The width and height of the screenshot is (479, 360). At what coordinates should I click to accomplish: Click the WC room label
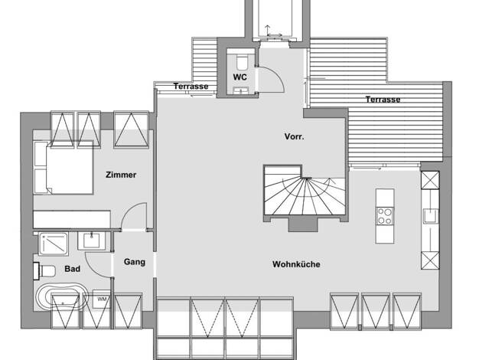click(239, 77)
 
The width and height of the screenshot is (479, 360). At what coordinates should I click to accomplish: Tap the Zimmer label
click(121, 175)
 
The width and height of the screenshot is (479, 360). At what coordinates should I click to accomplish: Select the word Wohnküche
click(296, 264)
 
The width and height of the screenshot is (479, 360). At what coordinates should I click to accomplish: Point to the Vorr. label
click(294, 136)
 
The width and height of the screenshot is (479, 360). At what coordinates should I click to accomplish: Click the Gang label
click(135, 262)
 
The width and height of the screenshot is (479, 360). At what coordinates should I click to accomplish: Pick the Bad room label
click(73, 269)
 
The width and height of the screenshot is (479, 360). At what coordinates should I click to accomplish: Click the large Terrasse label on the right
click(383, 100)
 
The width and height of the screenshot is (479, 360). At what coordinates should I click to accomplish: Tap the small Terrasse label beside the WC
click(191, 87)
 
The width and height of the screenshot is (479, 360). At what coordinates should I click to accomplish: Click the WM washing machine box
click(102, 299)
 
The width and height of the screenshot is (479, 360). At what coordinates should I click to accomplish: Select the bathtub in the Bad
click(62, 297)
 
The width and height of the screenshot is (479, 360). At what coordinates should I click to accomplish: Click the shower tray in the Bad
click(54, 244)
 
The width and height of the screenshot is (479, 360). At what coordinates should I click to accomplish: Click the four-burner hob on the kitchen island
click(385, 216)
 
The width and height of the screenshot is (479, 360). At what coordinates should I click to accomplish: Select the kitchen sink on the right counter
click(431, 216)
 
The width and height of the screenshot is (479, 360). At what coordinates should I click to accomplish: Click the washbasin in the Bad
click(92, 241)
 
